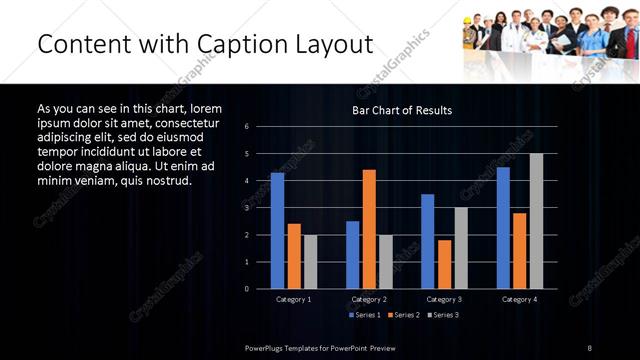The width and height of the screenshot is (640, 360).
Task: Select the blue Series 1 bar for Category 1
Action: coord(277,231)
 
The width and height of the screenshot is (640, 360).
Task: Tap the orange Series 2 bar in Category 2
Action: coord(369,229)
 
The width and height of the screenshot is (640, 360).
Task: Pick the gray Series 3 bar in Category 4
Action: coord(536,221)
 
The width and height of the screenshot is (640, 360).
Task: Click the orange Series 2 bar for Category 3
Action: coord(444,264)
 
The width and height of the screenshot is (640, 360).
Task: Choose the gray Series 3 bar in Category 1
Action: coord(310,261)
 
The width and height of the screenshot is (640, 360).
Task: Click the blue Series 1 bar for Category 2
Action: coord(352,254)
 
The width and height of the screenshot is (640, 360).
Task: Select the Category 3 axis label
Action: coord(444,299)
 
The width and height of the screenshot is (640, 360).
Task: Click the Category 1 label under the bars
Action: coord(293,299)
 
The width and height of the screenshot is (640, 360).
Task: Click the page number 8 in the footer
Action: coord(590,346)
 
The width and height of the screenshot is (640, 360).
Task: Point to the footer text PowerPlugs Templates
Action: coord(290,346)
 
